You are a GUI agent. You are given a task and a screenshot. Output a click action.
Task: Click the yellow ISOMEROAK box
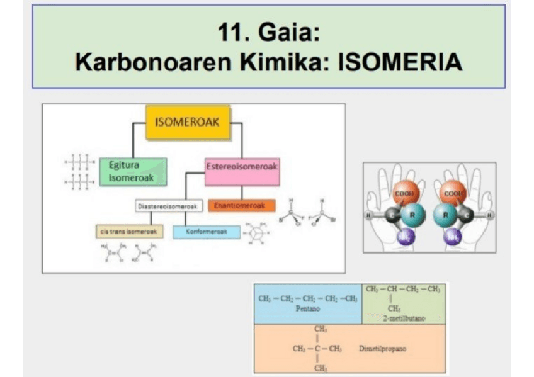tap(187, 121)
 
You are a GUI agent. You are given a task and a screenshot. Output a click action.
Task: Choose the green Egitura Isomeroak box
tap(133, 172)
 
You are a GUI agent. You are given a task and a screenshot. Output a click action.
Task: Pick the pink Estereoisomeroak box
tap(242, 171)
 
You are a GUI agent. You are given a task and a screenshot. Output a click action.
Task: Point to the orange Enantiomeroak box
tap(242, 205)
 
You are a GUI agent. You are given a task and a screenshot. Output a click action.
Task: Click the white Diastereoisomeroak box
tap(169, 205)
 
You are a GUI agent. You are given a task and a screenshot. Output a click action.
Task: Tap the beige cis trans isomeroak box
tap(129, 232)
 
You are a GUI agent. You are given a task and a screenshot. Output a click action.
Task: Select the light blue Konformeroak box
tap(207, 232)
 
